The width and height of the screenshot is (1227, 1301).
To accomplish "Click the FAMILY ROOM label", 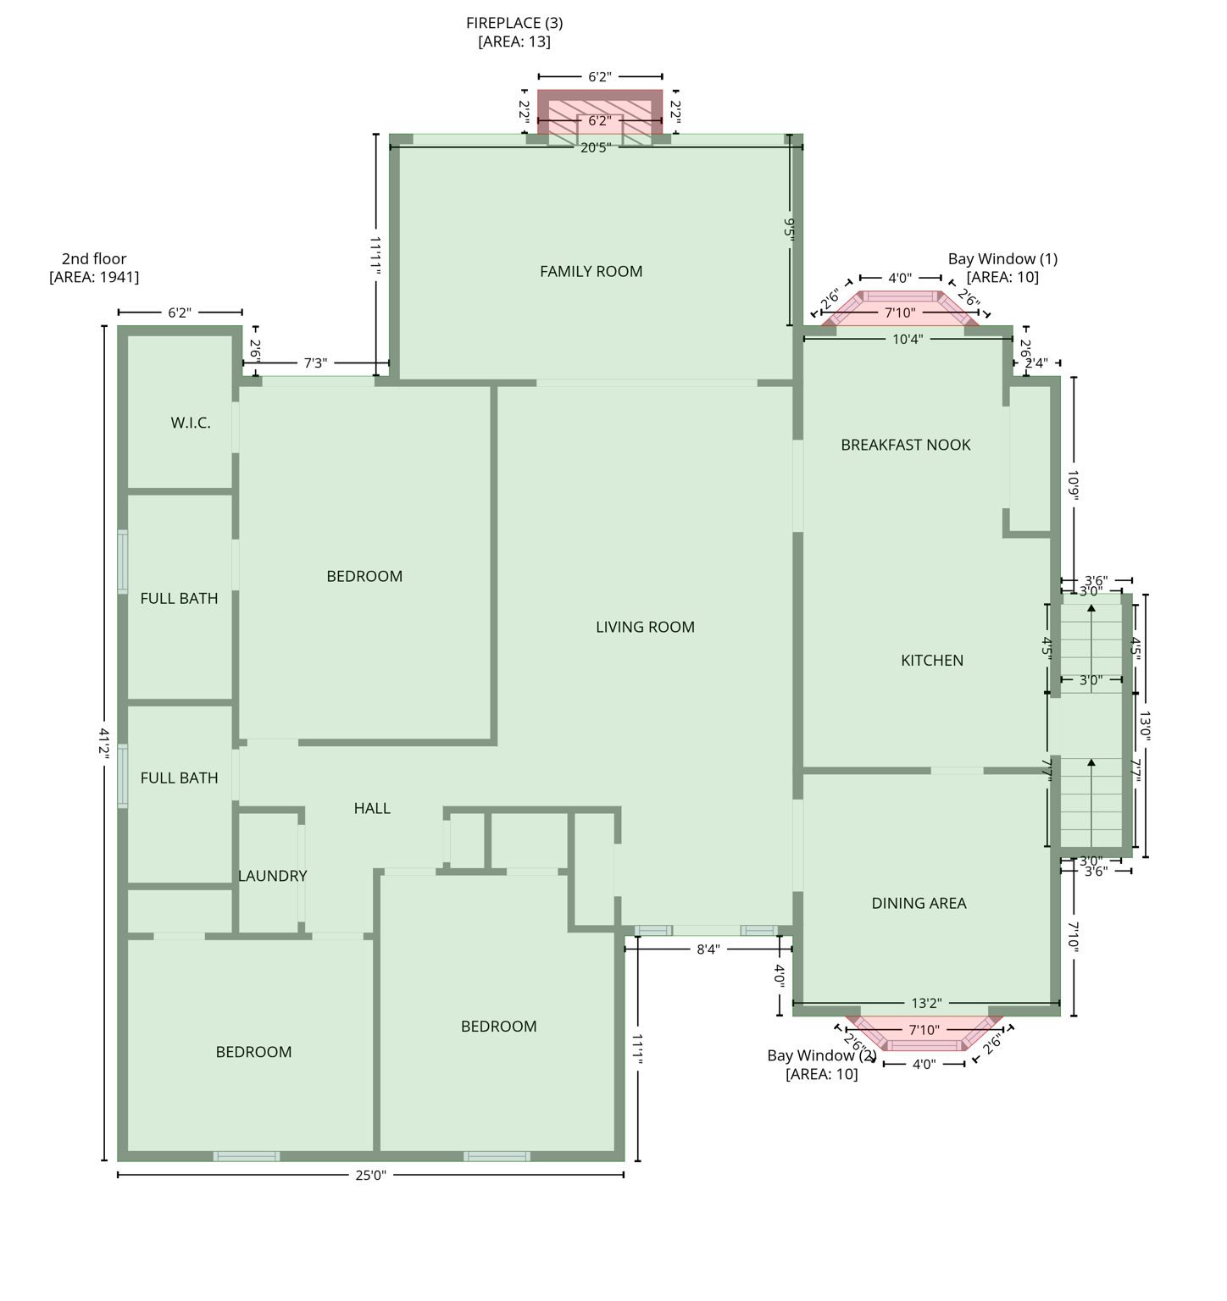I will click(591, 272).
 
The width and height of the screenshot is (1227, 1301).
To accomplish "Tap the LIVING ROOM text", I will click(645, 628).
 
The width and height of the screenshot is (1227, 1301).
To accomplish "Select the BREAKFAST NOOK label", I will click(905, 446).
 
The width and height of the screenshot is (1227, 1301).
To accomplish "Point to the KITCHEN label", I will click(931, 661).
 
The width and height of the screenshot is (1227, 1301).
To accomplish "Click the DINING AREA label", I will click(919, 904).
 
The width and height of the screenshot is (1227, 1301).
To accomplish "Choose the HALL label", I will click(372, 809).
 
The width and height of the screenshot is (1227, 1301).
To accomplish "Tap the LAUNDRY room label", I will click(272, 877).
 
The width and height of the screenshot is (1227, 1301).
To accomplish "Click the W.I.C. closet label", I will click(191, 424).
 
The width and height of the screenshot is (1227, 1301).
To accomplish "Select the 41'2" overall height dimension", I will click(104, 742).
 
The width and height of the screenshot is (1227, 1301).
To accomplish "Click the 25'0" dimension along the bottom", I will click(370, 1175).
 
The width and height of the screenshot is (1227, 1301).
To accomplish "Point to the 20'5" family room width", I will click(595, 147).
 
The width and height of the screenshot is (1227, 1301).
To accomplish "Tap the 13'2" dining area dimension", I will click(926, 1004).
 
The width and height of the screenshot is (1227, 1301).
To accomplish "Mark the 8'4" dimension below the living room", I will click(708, 949).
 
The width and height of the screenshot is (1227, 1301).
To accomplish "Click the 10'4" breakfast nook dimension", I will click(908, 340).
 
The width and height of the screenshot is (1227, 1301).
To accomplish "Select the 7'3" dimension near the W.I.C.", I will click(315, 363).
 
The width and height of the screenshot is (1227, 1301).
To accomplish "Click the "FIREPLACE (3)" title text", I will click(514, 23).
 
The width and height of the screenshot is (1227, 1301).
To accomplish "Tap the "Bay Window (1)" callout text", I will click(1002, 259).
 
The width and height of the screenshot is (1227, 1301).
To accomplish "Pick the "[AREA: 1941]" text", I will click(94, 277).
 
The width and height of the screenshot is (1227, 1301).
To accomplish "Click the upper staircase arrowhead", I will click(1091, 608).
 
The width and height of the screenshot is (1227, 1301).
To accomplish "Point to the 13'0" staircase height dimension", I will click(1145, 726).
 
